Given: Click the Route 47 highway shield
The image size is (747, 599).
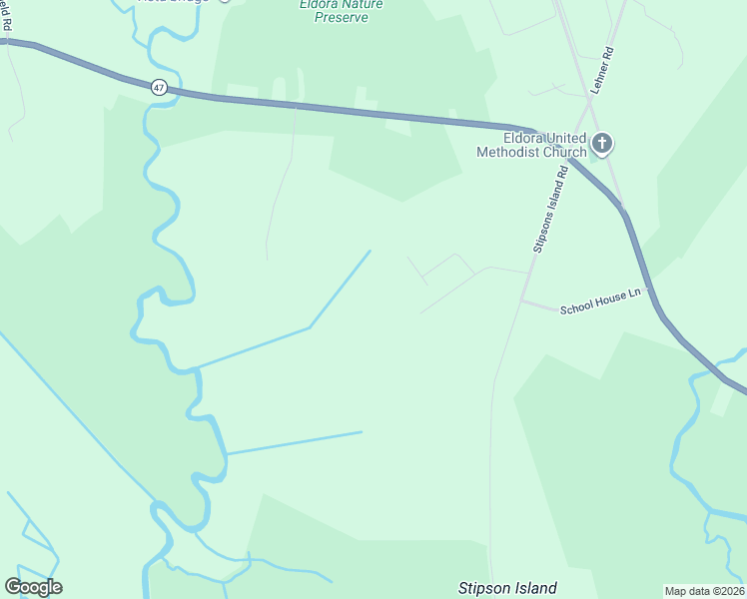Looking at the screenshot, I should [x=159, y=88].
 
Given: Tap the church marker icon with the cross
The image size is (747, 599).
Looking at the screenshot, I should [x=601, y=143].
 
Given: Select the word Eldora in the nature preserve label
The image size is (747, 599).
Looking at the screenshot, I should [x=318, y=4].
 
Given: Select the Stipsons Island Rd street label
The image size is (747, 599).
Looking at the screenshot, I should [x=549, y=210].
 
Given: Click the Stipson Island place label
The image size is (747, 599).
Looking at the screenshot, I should [x=506, y=588].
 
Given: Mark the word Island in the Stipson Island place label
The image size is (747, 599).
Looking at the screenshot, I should [x=533, y=588].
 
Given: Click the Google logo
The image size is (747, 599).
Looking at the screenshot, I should [x=33, y=587].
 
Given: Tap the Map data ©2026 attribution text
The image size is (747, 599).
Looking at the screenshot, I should [x=704, y=591].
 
